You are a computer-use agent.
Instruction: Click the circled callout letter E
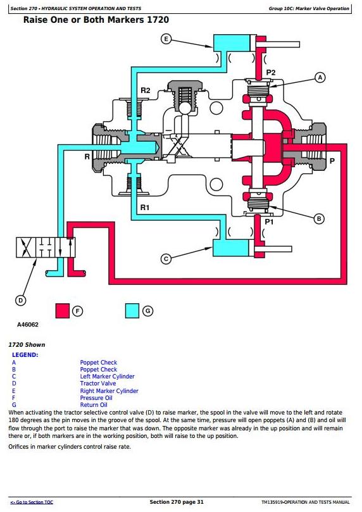(x=166, y=39)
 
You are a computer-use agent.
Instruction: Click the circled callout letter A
(x=320, y=77)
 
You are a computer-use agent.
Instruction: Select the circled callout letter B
(x=319, y=219)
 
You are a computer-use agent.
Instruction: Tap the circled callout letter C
(x=166, y=259)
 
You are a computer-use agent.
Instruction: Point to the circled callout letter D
(x=20, y=301)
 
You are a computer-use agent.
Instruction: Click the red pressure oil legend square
(x=63, y=311)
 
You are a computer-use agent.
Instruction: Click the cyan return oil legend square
(x=132, y=311)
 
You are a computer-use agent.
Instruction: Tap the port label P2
(x=271, y=73)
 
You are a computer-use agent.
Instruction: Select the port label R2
(x=146, y=91)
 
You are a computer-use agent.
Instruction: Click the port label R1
(x=144, y=208)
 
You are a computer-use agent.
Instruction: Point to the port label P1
(x=268, y=222)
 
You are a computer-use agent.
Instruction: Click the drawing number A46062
(x=28, y=325)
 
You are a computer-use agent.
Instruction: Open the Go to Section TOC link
(x=32, y=502)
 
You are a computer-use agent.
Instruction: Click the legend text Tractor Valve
(x=98, y=384)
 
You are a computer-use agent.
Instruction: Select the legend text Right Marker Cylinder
(x=109, y=391)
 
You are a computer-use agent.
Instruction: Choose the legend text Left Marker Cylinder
(x=107, y=376)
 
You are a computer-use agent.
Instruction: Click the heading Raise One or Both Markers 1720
(x=96, y=20)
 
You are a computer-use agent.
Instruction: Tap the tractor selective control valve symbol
(x=46, y=247)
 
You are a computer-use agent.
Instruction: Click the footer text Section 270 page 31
(x=177, y=502)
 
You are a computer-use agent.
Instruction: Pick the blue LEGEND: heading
(x=25, y=355)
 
